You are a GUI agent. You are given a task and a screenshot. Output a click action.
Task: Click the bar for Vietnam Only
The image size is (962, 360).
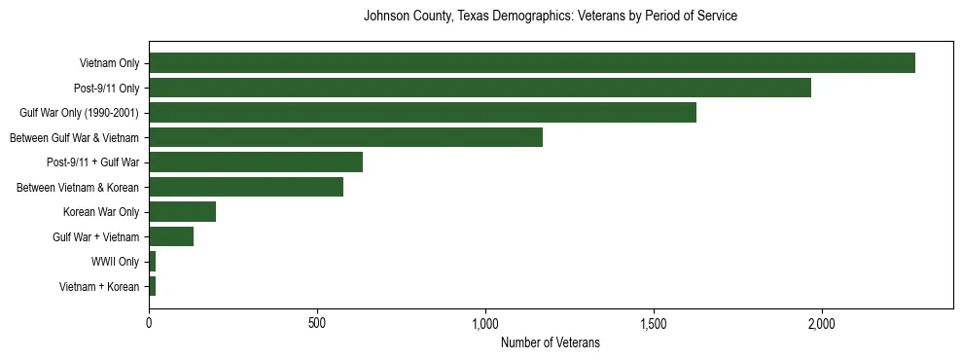(x=532, y=63)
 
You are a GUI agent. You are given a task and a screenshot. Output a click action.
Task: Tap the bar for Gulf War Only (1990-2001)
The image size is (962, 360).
(x=422, y=113)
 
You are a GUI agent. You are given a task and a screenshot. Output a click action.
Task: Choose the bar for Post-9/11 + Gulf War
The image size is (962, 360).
(x=256, y=162)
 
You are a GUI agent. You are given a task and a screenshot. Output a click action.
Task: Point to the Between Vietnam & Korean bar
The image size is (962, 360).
(x=246, y=187)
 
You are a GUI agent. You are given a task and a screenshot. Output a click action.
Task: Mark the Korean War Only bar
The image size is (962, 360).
(x=182, y=212)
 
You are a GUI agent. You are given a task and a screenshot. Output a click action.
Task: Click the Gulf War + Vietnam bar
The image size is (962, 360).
(x=171, y=236)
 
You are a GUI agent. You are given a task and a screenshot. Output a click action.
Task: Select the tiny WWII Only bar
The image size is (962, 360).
(x=153, y=262)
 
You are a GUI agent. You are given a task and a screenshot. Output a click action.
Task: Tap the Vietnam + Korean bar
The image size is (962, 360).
(x=153, y=286)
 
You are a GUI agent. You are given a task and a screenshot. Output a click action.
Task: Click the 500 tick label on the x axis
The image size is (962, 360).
(x=317, y=322)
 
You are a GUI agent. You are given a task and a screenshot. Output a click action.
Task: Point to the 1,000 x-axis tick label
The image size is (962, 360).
(x=485, y=322)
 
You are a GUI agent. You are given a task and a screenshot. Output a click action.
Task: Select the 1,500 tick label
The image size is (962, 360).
(x=654, y=322)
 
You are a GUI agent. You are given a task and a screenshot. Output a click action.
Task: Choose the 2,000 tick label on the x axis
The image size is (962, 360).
(x=822, y=322)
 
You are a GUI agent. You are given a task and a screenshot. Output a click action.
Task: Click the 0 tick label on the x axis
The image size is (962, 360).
(x=149, y=322)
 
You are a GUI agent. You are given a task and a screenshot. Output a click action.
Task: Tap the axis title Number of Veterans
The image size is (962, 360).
(x=550, y=342)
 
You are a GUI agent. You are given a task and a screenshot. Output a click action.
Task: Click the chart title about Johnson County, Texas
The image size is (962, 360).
(x=550, y=17)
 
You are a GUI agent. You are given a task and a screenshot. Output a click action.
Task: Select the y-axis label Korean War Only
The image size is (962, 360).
(x=101, y=212)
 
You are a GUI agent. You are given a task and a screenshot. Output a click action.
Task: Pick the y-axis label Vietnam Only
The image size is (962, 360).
(x=109, y=63)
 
